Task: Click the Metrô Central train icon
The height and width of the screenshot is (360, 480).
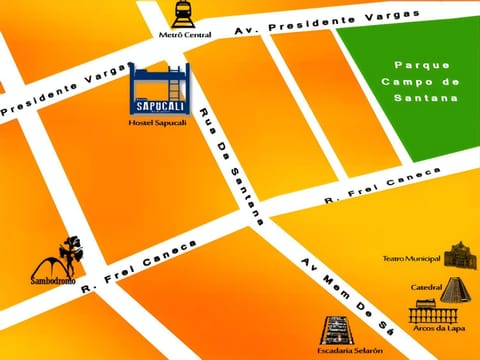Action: pyautogui.click(x=184, y=14)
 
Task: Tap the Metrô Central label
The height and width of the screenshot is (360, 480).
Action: pyautogui.click(x=184, y=34)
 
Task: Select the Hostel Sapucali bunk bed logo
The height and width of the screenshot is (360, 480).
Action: pyautogui.click(x=160, y=88)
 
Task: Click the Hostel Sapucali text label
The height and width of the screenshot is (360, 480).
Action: pyautogui.click(x=159, y=122)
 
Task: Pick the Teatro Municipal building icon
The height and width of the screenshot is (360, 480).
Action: pyautogui.click(x=460, y=256)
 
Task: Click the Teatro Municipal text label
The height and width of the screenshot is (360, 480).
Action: pyautogui.click(x=412, y=258)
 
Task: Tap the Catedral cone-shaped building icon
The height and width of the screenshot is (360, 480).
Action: pyautogui.click(x=454, y=289)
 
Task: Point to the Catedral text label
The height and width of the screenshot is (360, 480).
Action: pyautogui.click(x=426, y=288)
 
